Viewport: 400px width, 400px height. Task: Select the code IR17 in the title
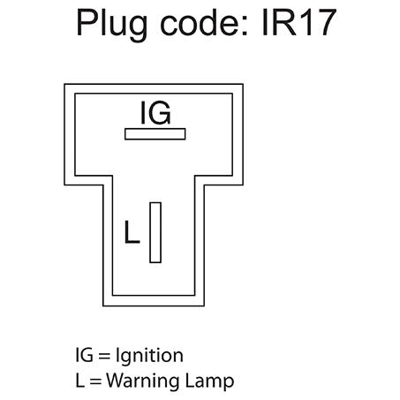(299, 23)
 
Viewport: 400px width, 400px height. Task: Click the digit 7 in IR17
(325, 23)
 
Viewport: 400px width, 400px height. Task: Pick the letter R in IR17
(283, 23)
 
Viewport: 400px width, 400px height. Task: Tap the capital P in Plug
(87, 23)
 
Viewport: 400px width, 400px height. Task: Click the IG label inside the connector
(155, 113)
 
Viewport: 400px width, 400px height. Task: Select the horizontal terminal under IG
(155, 134)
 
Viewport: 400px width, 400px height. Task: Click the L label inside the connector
(132, 232)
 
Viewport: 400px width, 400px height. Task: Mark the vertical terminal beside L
(155, 232)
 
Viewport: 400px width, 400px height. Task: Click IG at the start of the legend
(85, 355)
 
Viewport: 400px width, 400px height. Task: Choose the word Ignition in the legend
(149, 357)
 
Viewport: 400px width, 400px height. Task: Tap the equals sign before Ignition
(104, 356)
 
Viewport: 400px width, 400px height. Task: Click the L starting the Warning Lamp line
(79, 381)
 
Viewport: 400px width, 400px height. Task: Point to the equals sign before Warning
(95, 381)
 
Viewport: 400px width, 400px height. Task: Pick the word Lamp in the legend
(210, 382)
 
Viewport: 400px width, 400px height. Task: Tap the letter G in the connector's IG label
(160, 113)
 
